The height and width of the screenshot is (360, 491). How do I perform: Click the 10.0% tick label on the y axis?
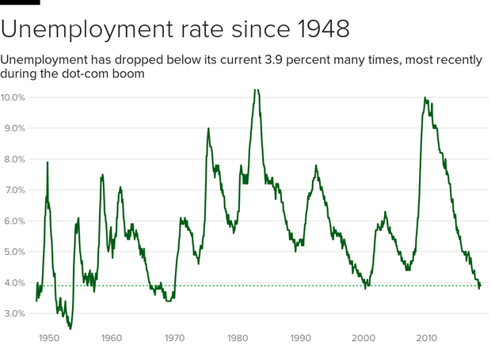[x=13, y=97]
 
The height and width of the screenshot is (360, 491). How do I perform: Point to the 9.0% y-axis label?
[x=13, y=128]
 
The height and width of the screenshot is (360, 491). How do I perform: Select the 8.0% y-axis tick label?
[x=13, y=159]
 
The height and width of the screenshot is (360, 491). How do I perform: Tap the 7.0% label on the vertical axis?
[x=13, y=191]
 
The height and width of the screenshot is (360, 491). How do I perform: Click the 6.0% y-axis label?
[x=13, y=222]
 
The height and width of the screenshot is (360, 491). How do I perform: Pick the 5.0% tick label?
[x=13, y=252]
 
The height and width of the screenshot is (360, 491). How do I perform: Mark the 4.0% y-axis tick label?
[x=13, y=283]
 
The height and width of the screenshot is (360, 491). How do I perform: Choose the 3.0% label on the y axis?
[x=13, y=314]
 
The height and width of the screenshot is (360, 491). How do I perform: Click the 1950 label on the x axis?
[x=48, y=338]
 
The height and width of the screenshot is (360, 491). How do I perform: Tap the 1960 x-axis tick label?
[x=112, y=338]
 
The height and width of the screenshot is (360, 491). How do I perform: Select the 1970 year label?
[x=174, y=338]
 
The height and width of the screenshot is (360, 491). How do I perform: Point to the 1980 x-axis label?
[x=238, y=338]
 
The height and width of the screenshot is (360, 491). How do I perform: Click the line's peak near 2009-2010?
[x=425, y=98]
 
